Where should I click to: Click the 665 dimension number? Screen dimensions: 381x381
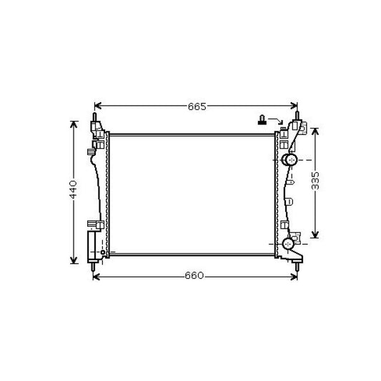pos(197,107)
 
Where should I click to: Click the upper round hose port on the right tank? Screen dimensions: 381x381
pos(290,158)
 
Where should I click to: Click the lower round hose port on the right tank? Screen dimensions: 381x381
pos(289,244)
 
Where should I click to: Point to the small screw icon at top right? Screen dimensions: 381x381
pos(263,119)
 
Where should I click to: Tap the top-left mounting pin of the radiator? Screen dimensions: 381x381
pos(94,116)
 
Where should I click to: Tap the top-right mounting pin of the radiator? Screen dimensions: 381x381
pos(299,115)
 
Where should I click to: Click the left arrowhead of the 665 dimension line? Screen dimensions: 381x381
pos(98,106)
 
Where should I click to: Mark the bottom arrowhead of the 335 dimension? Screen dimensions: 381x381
pos(316,234)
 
